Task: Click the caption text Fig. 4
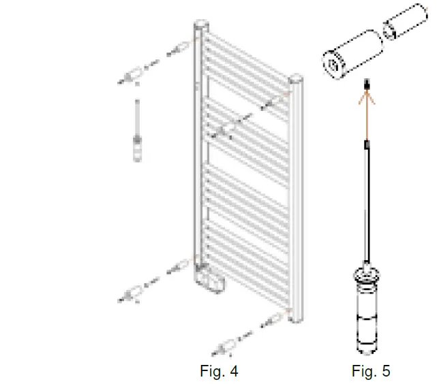tap(219, 371)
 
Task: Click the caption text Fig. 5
tap(371, 371)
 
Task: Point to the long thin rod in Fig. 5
tap(367, 204)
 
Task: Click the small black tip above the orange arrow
tap(367, 84)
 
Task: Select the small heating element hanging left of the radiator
tap(138, 147)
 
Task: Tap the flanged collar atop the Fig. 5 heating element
tap(366, 274)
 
